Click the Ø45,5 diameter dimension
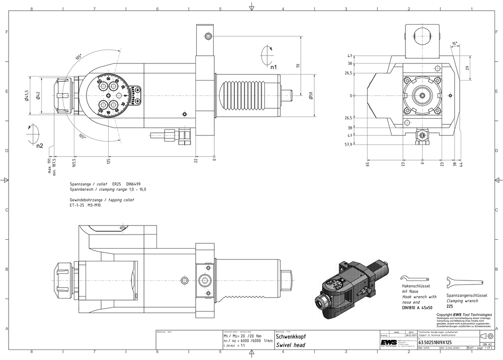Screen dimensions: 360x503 tap(27, 95)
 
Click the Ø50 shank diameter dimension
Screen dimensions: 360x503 tap(311, 96)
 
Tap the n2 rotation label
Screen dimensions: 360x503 tap(39, 146)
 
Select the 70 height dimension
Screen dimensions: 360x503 tap(298, 65)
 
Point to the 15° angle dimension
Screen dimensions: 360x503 tap(455, 44)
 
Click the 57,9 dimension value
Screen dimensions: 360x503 tap(348, 145)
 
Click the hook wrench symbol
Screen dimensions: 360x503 tap(414, 278)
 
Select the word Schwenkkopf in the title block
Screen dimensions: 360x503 tap(290, 336)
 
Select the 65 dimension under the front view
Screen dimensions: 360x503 tap(368, 164)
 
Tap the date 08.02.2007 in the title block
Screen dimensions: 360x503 tap(411, 335)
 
